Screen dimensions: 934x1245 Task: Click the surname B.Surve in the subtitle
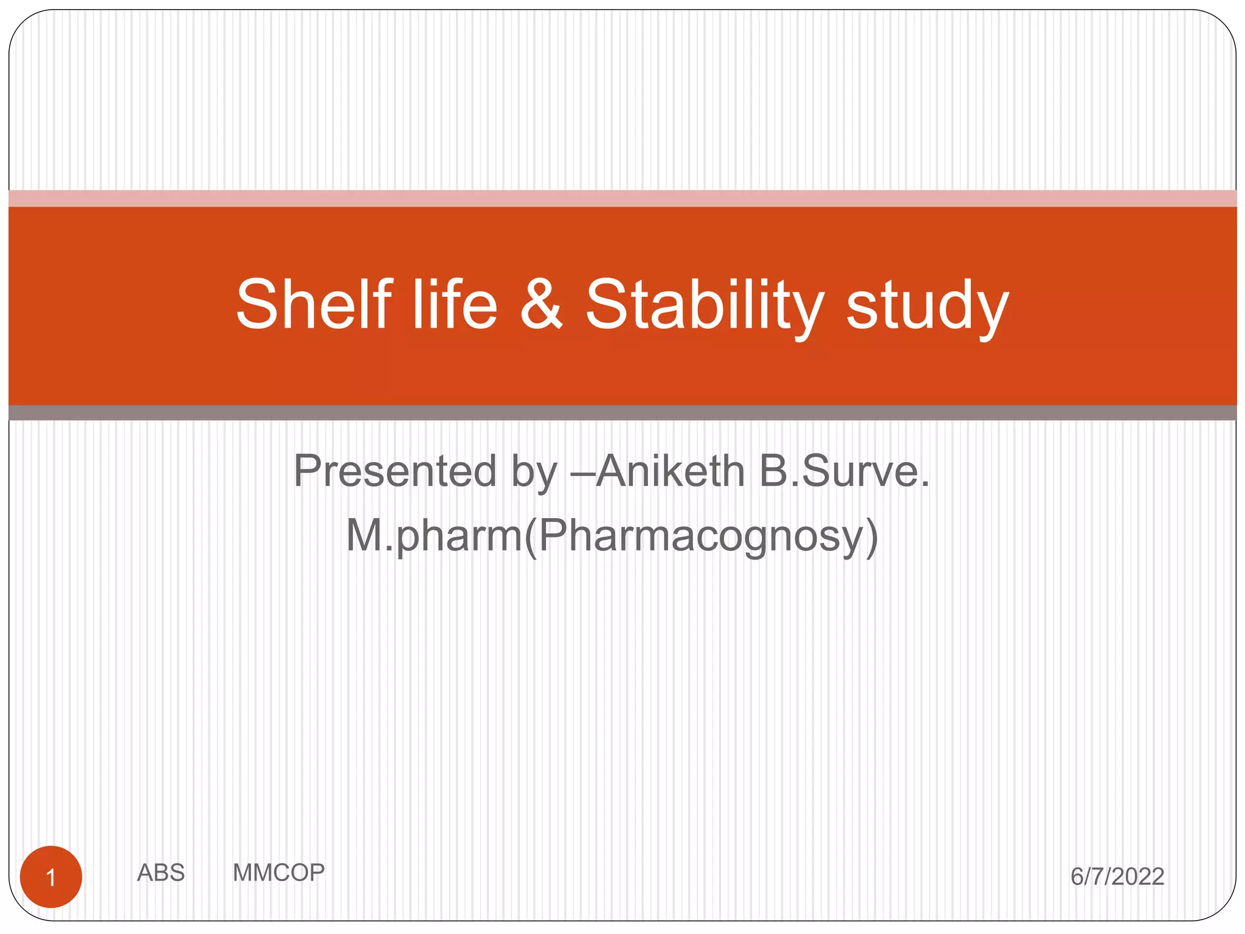(x=845, y=471)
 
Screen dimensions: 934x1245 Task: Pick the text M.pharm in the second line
(x=433, y=536)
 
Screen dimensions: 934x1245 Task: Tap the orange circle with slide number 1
(x=51, y=877)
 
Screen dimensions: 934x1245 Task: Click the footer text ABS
(x=160, y=873)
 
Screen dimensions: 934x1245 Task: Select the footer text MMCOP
(x=278, y=873)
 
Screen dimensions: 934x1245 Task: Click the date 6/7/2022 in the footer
(x=1117, y=876)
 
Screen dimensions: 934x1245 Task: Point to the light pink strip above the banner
(x=622, y=198)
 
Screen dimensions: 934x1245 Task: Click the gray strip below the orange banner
(x=622, y=413)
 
